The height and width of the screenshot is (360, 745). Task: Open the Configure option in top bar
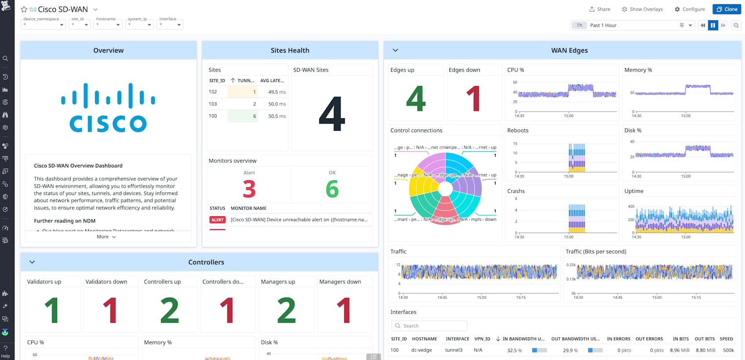(690, 9)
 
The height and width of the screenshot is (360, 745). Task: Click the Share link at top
(599, 9)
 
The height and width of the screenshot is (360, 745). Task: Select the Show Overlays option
(642, 9)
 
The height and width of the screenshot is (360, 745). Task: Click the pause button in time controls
(713, 25)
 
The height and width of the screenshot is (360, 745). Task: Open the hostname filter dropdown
(108, 25)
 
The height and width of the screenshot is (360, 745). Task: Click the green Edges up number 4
(416, 99)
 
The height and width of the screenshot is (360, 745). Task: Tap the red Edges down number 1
(473, 99)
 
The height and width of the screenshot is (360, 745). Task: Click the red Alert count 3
(249, 189)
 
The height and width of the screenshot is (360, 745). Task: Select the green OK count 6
(332, 189)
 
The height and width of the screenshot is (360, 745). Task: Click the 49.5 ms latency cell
(277, 92)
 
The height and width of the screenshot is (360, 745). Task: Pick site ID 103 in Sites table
(213, 104)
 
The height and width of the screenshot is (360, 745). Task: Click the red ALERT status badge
(217, 220)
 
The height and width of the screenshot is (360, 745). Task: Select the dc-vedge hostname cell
(421, 350)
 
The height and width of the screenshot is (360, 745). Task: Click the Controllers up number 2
(169, 310)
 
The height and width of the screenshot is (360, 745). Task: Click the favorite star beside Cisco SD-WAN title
(24, 9)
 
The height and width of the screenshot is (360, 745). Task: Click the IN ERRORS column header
(618, 339)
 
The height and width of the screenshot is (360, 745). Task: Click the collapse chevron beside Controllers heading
(32, 262)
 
